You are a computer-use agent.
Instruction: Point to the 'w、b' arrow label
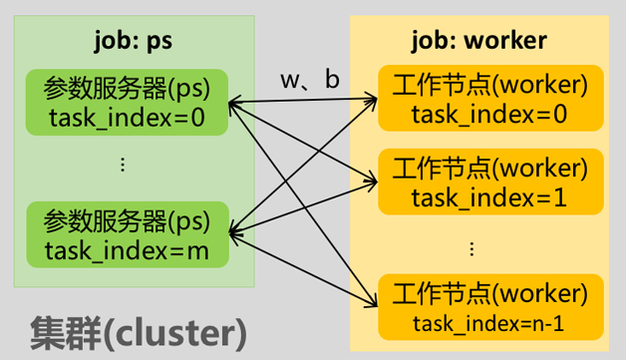309,80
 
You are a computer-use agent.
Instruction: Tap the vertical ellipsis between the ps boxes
124,165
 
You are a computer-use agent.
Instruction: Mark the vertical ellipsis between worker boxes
471,248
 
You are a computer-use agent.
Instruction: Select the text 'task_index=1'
489,197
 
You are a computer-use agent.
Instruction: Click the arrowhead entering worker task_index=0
372,100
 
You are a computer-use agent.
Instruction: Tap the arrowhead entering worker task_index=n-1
372,304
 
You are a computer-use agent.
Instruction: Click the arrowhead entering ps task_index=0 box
234,101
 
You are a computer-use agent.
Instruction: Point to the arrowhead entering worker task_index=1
372,182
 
